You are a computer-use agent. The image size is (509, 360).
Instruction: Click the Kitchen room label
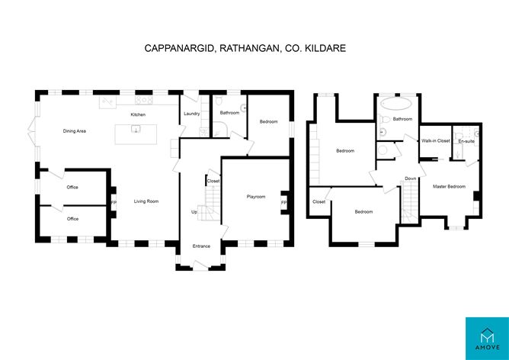click(138, 114)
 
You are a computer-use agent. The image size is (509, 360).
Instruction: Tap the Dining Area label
click(75, 131)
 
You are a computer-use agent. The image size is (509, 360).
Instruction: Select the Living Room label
click(146, 201)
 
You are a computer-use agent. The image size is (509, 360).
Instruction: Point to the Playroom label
click(256, 197)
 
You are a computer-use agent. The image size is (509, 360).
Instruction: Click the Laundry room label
click(191, 114)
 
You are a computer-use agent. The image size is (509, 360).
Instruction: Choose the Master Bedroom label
click(449, 187)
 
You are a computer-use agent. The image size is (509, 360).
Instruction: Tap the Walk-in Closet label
click(436, 140)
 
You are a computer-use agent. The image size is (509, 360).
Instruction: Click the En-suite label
click(466, 141)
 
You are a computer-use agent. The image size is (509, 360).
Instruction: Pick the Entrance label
click(201, 246)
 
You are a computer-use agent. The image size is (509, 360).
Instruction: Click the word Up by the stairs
click(194, 212)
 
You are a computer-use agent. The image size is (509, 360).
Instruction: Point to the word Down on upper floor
click(410, 178)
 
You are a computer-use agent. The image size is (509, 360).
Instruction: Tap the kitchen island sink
click(136, 129)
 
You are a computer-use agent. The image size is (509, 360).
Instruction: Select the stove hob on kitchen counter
click(144, 101)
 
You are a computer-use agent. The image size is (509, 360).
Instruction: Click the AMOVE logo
click(487, 339)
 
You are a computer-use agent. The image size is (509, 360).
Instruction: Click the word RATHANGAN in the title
click(249, 48)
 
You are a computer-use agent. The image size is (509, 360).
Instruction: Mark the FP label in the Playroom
click(283, 203)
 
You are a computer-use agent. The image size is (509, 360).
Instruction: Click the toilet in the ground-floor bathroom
click(218, 101)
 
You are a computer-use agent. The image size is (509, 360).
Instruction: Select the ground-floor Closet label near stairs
click(213, 182)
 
